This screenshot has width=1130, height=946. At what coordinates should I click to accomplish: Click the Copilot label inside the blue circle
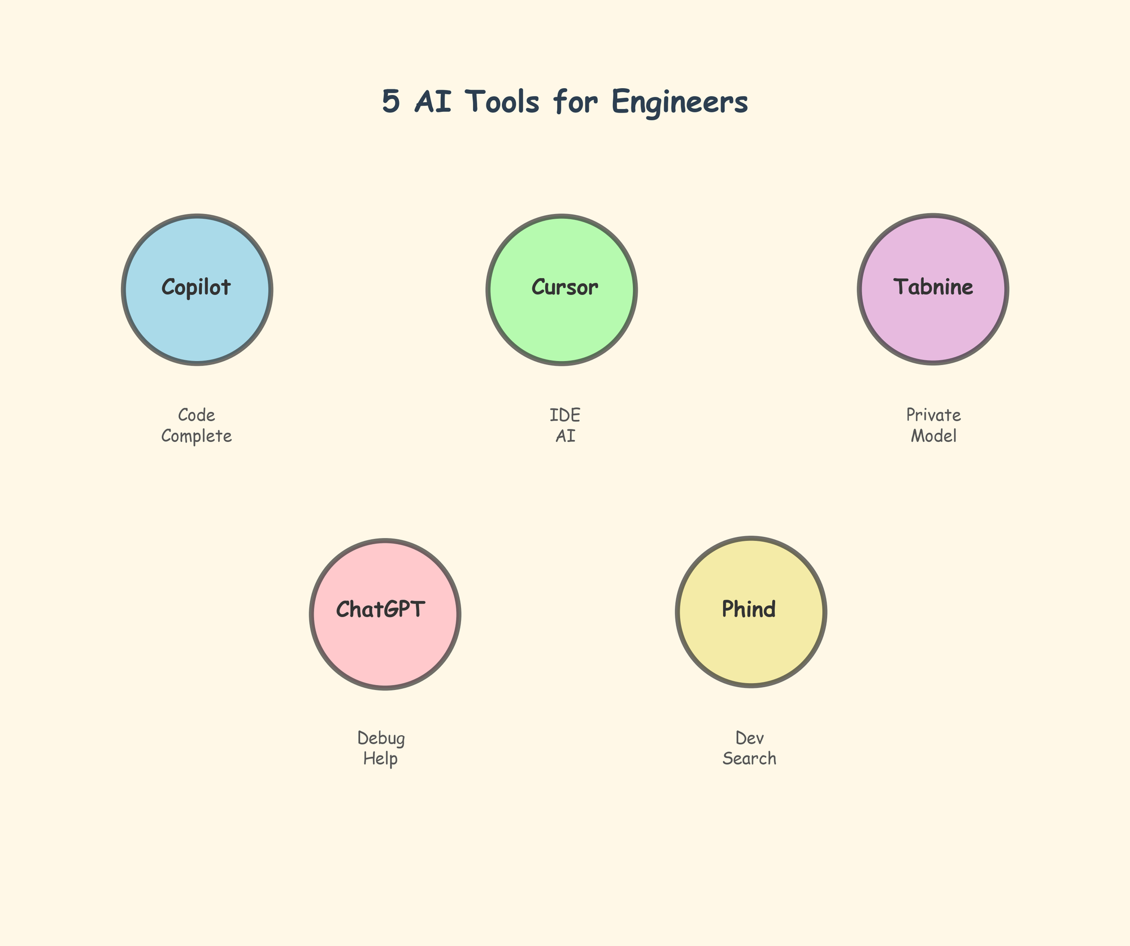coord(196,288)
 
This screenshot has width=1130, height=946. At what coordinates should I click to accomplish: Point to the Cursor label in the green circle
coord(564,288)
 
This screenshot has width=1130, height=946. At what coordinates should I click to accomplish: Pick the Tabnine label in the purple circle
coord(933,287)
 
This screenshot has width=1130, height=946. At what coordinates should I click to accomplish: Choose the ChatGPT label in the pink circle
coord(380,609)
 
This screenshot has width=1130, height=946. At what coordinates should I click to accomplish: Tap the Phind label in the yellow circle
coord(749,609)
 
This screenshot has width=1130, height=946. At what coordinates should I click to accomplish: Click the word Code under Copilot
coord(196,415)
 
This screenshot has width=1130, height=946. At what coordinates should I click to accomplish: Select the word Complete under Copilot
coord(196,436)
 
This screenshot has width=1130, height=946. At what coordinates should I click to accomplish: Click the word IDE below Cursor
coord(564,415)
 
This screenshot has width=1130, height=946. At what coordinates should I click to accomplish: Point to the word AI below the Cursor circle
coord(564,436)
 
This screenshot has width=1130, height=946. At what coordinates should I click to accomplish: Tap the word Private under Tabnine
coord(933,415)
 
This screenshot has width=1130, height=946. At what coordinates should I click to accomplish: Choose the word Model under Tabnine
coord(933,436)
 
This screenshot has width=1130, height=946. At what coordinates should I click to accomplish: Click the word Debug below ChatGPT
coord(381,739)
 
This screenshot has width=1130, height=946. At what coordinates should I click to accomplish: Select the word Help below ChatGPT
coord(380,758)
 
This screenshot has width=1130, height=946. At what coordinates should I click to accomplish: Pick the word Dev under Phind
coord(749,738)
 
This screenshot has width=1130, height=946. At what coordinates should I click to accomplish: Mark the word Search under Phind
coord(749,758)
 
